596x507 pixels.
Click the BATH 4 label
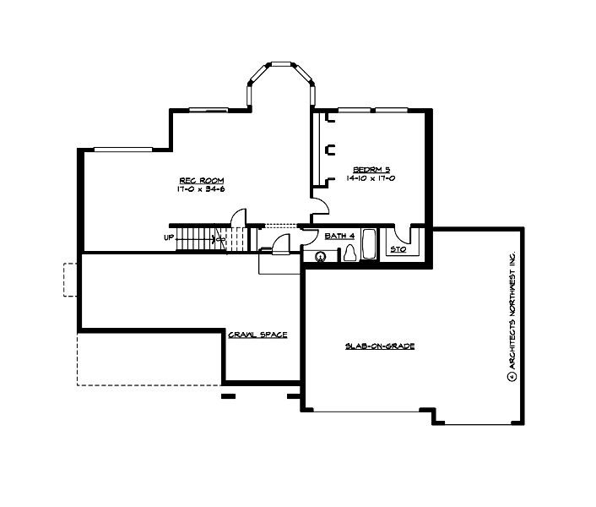[339, 237]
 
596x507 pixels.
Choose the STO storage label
[397, 250]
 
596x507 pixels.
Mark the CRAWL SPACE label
[257, 335]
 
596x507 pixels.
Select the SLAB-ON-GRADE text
[379, 346]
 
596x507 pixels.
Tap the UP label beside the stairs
[169, 237]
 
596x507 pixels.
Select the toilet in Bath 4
[349, 253]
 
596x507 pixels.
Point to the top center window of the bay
[280, 64]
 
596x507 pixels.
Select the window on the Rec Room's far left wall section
[123, 150]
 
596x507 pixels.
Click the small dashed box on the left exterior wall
[70, 280]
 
